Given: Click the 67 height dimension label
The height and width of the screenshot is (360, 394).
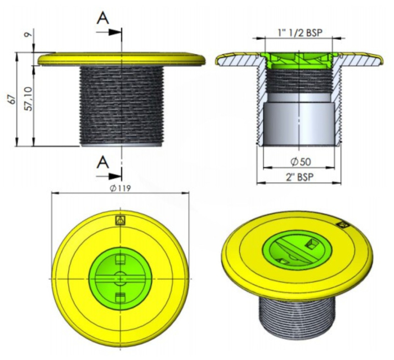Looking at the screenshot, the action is [12, 100].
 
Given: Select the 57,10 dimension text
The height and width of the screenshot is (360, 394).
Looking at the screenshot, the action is [29, 98].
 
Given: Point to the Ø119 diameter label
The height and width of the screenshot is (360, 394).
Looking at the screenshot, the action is [120, 187].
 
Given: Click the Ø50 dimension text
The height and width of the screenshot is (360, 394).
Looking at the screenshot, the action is [301, 162].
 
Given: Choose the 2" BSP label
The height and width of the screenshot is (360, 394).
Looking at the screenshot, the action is [300, 177].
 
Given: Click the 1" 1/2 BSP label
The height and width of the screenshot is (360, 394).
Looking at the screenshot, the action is [300, 33].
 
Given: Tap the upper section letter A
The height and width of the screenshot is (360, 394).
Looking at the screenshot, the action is [103, 18].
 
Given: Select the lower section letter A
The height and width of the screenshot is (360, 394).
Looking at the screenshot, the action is [103, 162].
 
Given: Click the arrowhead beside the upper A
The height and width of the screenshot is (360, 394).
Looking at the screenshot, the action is [115, 32].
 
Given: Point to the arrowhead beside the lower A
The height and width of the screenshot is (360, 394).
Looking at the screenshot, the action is [115, 176].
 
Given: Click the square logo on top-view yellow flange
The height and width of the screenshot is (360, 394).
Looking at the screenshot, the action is [120, 220].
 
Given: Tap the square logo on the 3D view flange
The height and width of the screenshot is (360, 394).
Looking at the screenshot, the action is [343, 224].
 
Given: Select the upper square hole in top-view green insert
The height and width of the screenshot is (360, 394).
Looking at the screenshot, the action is [120, 259].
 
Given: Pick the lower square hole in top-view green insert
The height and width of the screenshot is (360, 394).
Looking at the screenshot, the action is [120, 297].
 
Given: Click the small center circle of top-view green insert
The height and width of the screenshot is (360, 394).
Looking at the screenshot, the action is [120, 278].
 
